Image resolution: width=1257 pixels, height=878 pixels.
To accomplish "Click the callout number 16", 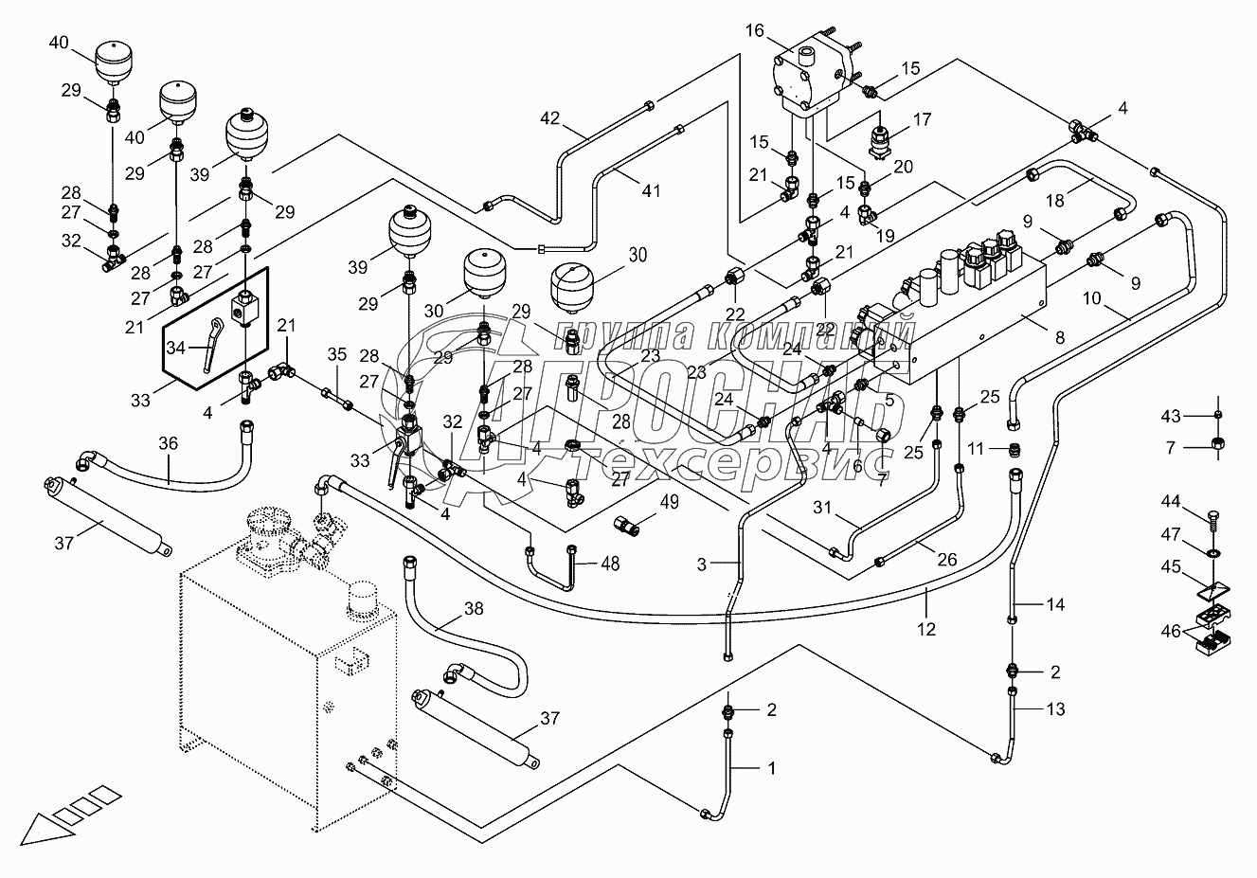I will coord(754,31).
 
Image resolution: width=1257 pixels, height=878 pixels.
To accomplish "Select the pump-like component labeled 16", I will coord(812,71).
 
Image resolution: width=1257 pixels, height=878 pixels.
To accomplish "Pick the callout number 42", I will coord(551,118).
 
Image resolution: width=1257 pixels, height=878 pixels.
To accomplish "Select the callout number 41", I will coord(650,190).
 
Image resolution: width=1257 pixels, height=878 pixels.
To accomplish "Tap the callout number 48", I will coord(610,564).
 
